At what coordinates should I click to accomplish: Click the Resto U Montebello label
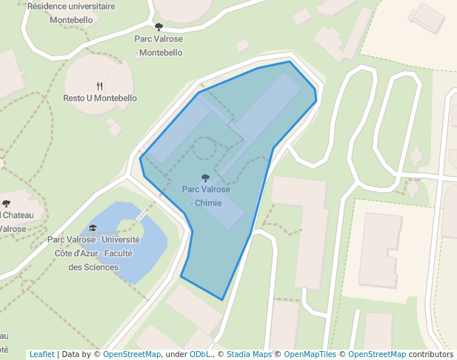(100, 98)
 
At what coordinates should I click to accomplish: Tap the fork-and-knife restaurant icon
(100, 86)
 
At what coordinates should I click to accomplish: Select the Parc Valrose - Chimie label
(206, 196)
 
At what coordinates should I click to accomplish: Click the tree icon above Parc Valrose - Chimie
(205, 178)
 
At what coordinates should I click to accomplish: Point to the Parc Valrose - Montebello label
(159, 45)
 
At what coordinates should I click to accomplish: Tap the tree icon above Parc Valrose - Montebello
(159, 27)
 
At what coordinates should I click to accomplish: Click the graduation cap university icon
(93, 228)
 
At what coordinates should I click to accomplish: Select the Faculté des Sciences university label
(93, 253)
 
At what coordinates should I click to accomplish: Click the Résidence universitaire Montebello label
(71, 13)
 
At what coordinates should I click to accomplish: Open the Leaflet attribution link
(42, 354)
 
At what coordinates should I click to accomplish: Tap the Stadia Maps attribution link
(249, 354)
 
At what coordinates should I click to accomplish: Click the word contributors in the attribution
(431, 354)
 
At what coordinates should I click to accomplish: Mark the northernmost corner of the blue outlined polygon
(289, 61)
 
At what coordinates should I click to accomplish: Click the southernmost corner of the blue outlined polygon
(222, 299)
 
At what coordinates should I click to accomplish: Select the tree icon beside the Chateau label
(7, 203)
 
